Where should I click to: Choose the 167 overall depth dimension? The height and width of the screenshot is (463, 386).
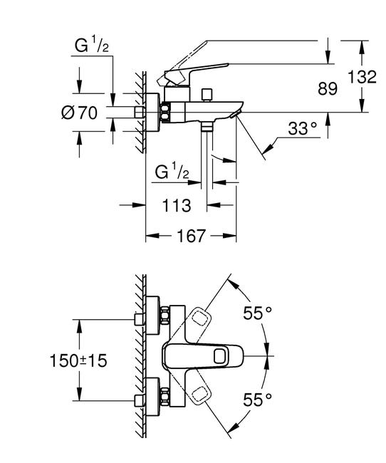tap(191, 235)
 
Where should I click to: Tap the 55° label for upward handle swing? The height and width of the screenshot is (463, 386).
tap(258, 312)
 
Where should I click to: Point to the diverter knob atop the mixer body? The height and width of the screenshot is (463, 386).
tap(207, 93)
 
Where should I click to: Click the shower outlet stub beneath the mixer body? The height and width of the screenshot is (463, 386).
tap(207, 126)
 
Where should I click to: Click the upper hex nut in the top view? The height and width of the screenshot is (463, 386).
tap(164, 315)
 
